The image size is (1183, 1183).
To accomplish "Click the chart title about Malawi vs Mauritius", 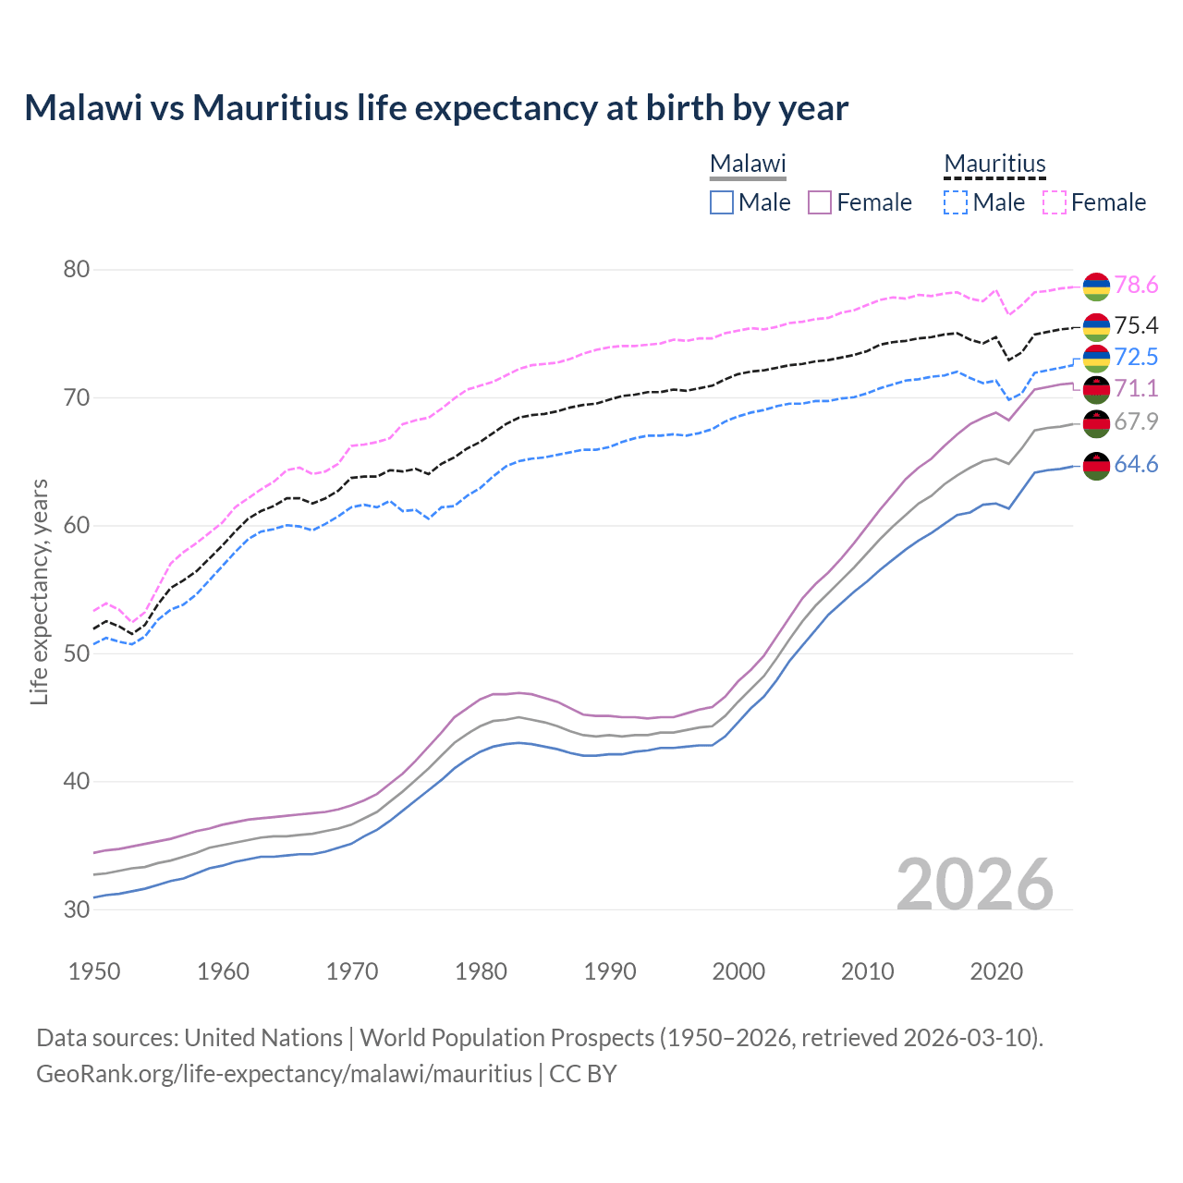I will click(436, 108).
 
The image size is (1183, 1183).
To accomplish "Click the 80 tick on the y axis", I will click(77, 270).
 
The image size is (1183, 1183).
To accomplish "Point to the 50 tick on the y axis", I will click(77, 653).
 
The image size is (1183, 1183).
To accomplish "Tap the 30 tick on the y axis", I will click(77, 909).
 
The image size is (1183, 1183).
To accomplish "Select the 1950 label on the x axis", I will click(94, 971).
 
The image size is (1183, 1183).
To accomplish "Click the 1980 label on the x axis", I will click(481, 971).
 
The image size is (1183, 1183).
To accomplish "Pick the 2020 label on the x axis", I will click(996, 971).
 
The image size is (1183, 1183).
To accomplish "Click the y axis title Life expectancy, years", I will click(39, 591).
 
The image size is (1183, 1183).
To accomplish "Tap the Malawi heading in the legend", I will click(748, 165).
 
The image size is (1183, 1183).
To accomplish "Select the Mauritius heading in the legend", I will click(994, 165).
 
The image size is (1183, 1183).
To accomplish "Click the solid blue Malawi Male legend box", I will click(722, 202).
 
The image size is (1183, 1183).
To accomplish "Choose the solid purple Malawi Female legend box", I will click(820, 202).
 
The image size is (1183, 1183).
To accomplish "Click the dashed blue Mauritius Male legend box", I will click(956, 202).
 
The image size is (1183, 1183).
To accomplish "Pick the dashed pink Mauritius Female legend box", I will click(1055, 202).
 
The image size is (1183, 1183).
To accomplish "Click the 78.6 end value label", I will click(1136, 286).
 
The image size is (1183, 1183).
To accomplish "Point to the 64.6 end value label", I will click(1136, 464).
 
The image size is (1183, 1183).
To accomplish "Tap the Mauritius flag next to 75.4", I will click(1096, 326).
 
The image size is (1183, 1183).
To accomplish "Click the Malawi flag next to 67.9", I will click(1096, 423).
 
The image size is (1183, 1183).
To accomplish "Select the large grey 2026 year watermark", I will click(975, 884).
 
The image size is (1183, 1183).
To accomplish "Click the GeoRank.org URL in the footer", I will click(284, 1074).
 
